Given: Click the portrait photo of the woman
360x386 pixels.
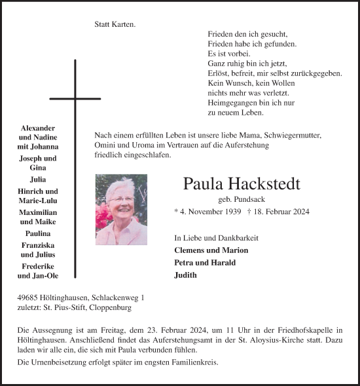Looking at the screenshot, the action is pyautogui.click(x=121, y=209).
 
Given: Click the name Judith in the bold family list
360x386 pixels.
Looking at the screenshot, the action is pyautogui.click(x=185, y=275).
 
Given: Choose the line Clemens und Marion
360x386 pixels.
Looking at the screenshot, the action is pyautogui.click(x=211, y=250).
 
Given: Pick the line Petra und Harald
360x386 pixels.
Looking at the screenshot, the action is pyautogui.click(x=205, y=263).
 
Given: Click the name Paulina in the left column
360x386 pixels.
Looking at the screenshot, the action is pyautogui.click(x=38, y=233).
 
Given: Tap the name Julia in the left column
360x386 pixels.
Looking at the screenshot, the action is pyautogui.click(x=38, y=179).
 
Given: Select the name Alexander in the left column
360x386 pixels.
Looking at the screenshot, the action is pyautogui.click(x=38, y=127).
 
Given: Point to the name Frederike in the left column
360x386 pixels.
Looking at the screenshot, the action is pyautogui.click(x=38, y=266).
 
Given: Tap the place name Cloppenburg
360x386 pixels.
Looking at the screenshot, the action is pyautogui.click(x=117, y=307).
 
